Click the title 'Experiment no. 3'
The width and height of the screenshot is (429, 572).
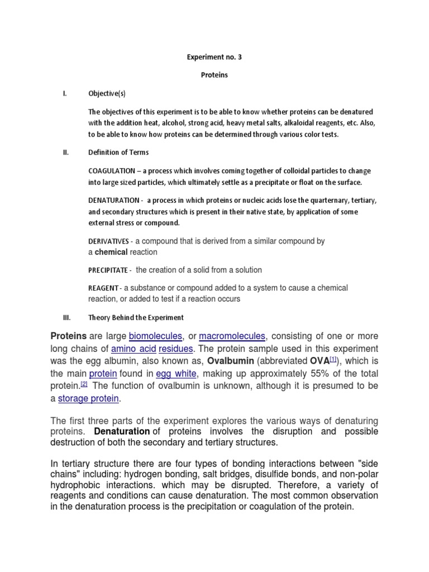pyautogui.click(x=214, y=57)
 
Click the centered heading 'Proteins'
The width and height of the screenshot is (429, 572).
pyautogui.click(x=214, y=75)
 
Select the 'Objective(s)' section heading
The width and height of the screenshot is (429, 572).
pyautogui.click(x=107, y=94)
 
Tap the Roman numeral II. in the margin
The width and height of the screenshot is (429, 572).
pyautogui.click(x=65, y=152)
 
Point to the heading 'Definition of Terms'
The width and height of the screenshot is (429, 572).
pyautogui.click(x=118, y=152)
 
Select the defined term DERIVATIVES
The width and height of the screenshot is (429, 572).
pyautogui.click(x=109, y=241)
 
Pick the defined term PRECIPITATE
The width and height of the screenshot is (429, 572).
pyautogui.click(x=108, y=270)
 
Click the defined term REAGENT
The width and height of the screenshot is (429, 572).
pyautogui.click(x=103, y=288)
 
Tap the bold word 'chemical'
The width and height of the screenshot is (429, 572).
pyautogui.click(x=111, y=252)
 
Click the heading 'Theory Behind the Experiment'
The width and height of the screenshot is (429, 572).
pyautogui.click(x=136, y=317)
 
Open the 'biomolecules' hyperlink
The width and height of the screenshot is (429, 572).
pyautogui.click(x=155, y=336)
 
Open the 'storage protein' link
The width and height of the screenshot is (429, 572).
pyautogui.click(x=89, y=398)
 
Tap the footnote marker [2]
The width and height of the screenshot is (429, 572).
pyautogui.click(x=84, y=384)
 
